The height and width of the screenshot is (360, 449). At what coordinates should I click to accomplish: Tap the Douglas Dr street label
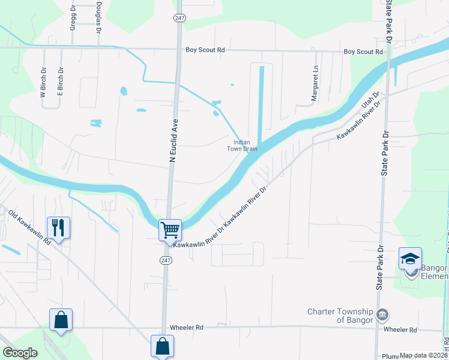pos(98,18)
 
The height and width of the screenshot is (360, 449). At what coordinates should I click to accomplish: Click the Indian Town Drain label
pos(242,145)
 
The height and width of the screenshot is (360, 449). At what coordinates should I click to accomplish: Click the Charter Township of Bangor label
pos(340,316)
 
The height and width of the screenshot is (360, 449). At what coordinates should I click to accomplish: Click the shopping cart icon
pos(170,229)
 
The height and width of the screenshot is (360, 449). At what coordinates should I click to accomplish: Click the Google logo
pos(20,353)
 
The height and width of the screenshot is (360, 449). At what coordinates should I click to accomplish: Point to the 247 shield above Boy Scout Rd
pos(179,19)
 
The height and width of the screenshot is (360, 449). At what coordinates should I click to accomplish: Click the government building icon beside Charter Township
pos(381,315)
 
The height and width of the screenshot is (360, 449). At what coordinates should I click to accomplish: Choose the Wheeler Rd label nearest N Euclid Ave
pos(187,328)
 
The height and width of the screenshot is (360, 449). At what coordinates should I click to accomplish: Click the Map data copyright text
pos(421,355)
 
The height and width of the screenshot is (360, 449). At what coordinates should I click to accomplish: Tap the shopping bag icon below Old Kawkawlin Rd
pos(61,319)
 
